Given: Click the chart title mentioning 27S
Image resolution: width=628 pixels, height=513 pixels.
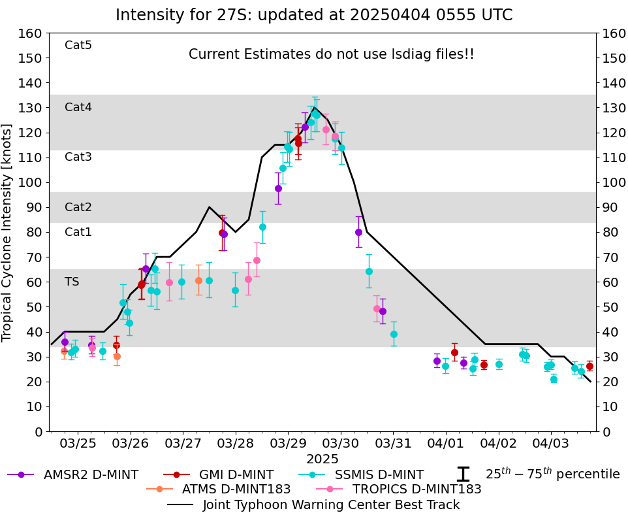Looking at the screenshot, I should [314, 15].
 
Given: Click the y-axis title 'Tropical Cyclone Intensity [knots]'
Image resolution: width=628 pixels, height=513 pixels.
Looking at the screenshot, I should [8, 232].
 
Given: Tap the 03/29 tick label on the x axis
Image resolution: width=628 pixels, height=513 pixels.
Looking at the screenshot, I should [288, 443].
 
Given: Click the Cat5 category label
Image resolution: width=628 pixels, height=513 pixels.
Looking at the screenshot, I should [78, 45].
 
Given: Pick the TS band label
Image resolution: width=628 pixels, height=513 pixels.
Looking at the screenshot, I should [72, 282].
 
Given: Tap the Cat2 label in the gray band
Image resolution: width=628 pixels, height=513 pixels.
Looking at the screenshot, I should [78, 207].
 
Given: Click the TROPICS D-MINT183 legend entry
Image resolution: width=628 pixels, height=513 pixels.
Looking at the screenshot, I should [398, 489].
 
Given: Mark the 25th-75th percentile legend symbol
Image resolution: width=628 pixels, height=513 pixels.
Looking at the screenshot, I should [463, 474].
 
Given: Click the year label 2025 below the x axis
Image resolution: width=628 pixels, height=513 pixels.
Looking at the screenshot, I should [322, 459].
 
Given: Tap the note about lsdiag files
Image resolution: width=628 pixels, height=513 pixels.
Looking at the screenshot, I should [332, 54].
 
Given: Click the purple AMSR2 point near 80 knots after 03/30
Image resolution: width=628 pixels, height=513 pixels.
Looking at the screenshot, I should [358, 232].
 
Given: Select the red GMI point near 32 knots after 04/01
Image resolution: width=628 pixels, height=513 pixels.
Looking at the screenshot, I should [454, 352].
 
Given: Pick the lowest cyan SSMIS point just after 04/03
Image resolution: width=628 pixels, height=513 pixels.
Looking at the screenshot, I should [554, 379].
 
